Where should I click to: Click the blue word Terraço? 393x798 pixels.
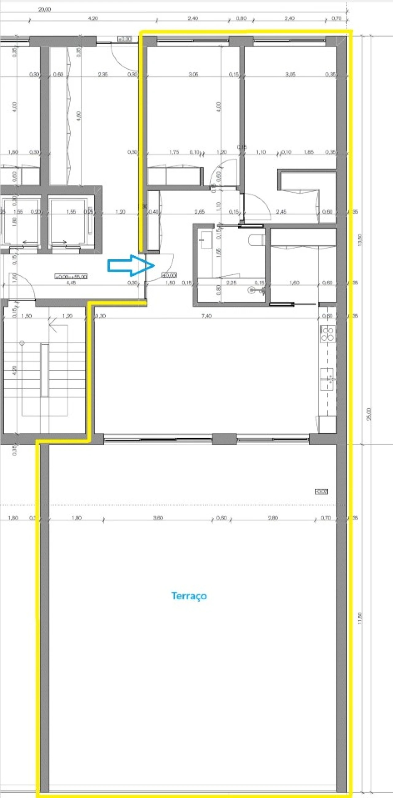tap(189, 596)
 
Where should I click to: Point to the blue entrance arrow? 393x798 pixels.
tap(130, 265)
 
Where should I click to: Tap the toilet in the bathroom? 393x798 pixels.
tap(256, 239)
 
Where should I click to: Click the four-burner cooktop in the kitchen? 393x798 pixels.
tap(328, 333)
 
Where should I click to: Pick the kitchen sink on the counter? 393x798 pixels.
tap(327, 376)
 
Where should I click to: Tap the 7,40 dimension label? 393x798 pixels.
tap(206, 316)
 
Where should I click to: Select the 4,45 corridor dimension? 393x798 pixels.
tap(71, 283)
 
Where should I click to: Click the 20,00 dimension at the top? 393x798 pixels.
tap(45, 9)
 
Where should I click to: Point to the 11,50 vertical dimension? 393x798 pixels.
tap(360, 618)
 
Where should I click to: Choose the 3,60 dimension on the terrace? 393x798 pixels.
tap(158, 518)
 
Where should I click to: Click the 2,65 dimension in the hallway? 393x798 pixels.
tap(199, 212)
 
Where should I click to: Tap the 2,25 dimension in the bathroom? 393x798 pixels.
tap(232, 283)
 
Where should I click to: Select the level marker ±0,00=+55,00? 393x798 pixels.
tap(71, 276)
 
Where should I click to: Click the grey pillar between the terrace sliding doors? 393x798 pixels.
tap(224, 439)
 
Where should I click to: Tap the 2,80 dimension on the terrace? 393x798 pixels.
tap(273, 518)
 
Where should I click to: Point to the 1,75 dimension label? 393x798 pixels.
tap(174, 152)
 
